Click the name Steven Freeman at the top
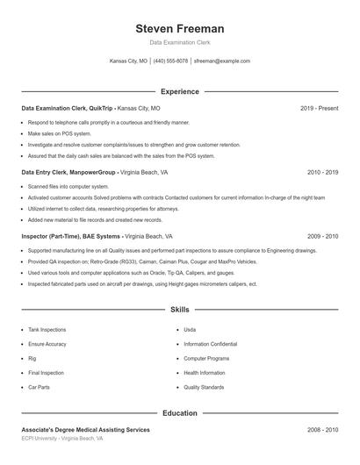pos(179,28)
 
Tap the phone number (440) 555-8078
pos(170,61)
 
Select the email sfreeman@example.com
pos(222,61)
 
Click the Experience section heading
pos(179,91)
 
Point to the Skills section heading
pos(179,310)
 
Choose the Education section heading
pos(179,412)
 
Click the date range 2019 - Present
pos(319,108)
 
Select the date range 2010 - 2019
pos(322,173)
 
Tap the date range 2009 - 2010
pos(322,237)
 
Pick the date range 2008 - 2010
pos(322,430)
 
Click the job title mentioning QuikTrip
pos(90,108)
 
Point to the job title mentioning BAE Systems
pos(97,237)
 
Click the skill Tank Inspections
pos(47,330)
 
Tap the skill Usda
pos(190,330)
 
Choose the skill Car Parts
pos(39,387)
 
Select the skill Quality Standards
pos(204,387)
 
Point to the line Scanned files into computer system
pos(68,187)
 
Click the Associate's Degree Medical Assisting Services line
pos(85,430)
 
